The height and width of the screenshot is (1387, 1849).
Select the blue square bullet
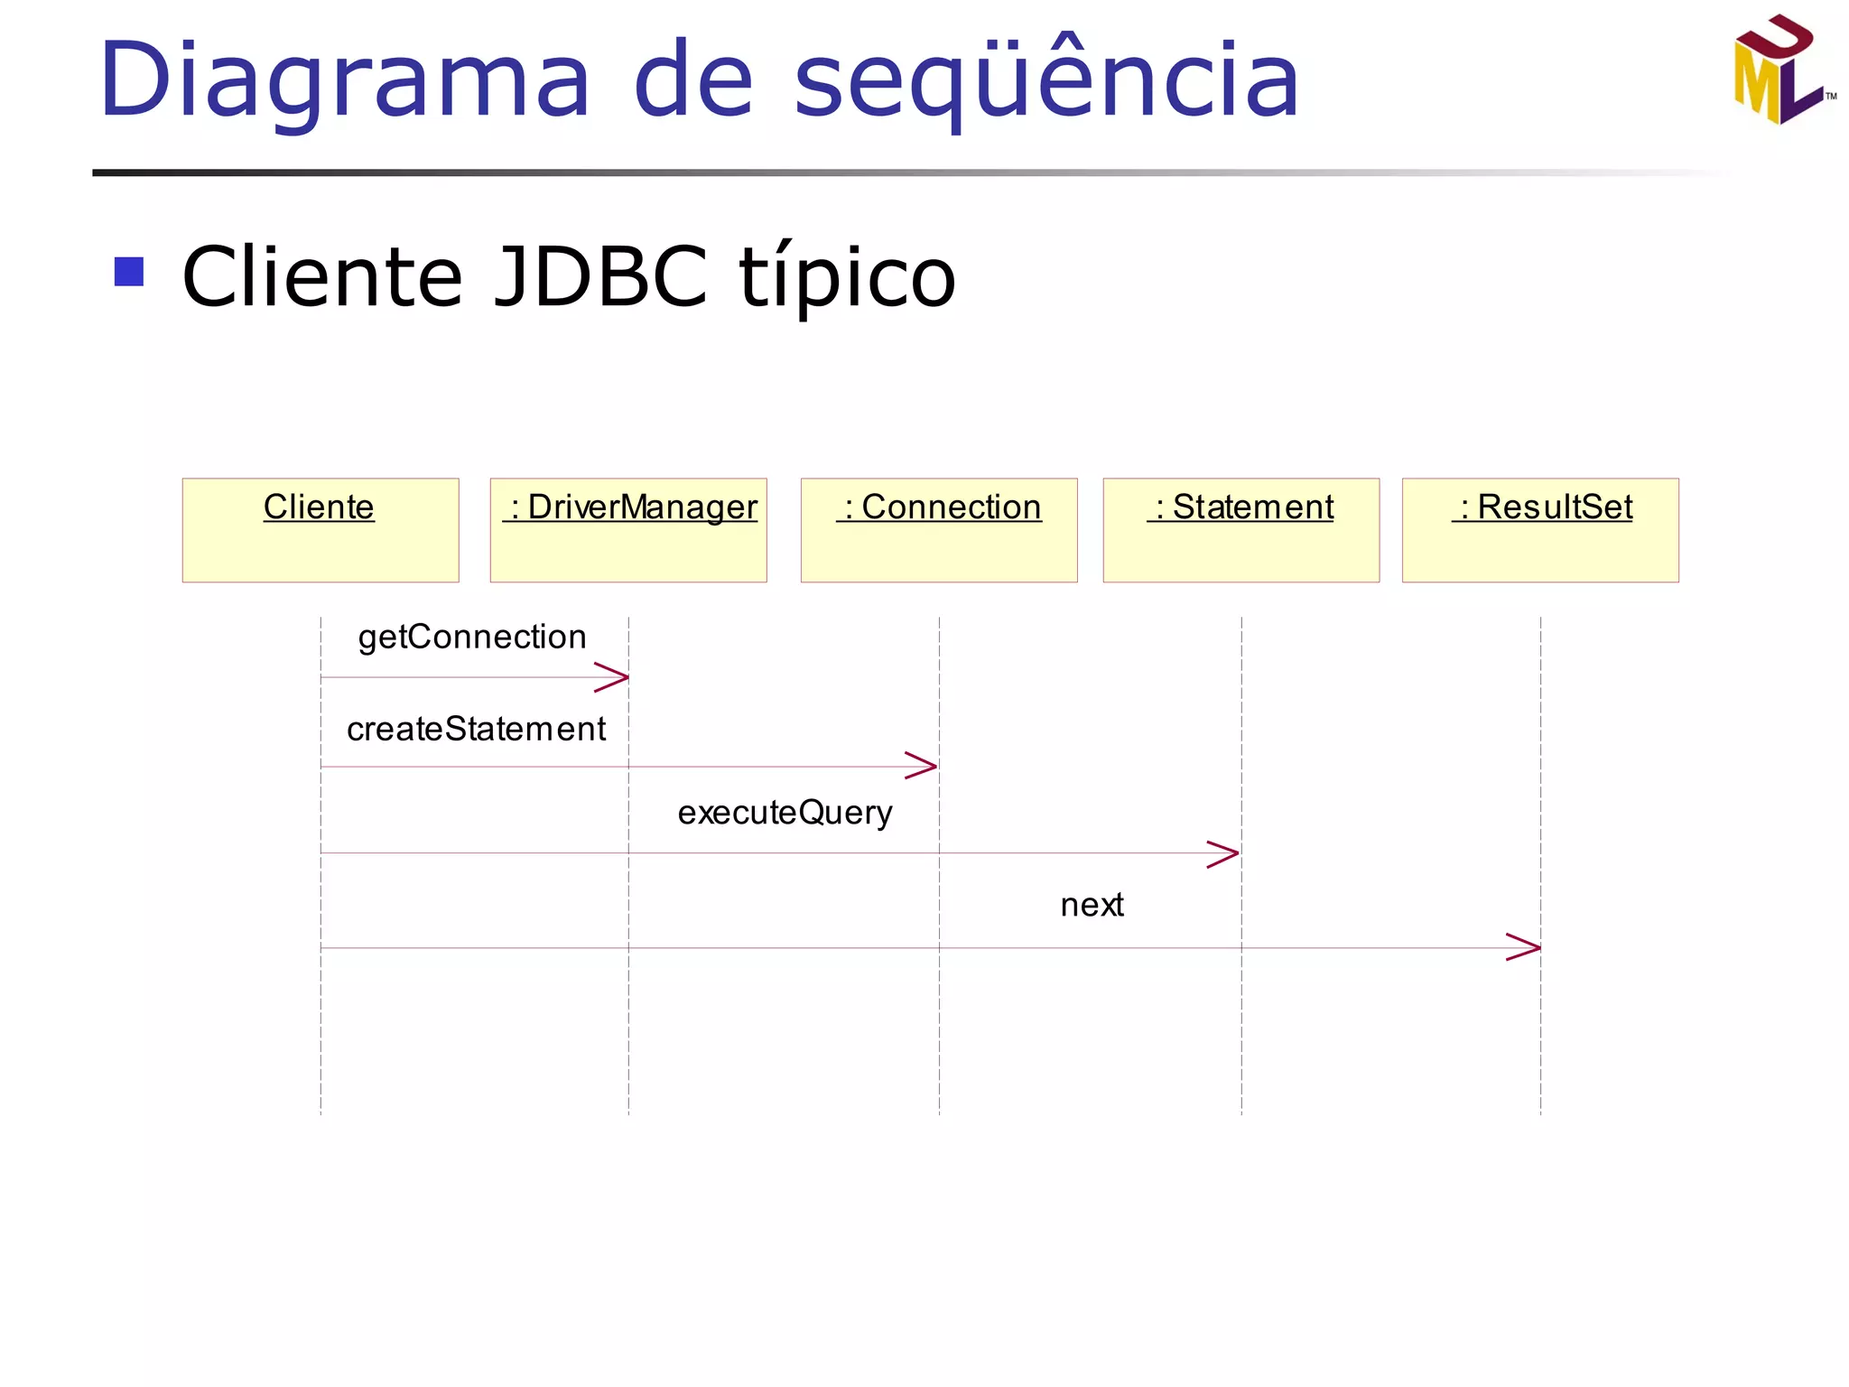129,272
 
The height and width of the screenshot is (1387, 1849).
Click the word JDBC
601,276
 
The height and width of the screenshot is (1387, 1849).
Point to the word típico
847,276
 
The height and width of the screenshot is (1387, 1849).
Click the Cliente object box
321,530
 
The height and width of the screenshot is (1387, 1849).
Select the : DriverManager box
628,530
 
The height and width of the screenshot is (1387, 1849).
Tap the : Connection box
939,530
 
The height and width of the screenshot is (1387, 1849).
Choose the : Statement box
1240,530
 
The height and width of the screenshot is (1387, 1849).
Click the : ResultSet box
1540,530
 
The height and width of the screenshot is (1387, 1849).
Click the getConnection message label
472,638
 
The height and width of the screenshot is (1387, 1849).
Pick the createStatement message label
476,729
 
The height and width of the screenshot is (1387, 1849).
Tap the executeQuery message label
785,813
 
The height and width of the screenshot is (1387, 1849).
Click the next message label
1092,905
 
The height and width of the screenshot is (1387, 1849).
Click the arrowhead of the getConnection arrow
614,677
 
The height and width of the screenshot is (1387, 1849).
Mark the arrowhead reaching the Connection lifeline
924,766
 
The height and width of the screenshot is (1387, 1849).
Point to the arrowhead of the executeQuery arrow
1225,853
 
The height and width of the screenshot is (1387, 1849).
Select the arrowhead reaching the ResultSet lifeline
1526,947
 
